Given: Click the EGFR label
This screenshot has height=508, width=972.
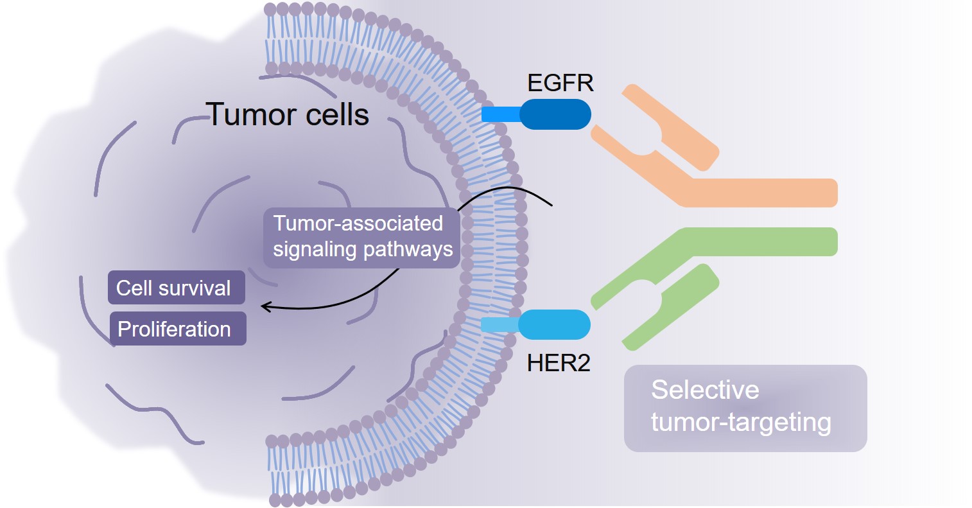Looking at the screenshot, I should pyautogui.click(x=560, y=83).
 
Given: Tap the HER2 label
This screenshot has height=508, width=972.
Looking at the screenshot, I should pyautogui.click(x=559, y=363).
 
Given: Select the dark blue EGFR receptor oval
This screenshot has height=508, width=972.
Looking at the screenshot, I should pyautogui.click(x=555, y=114).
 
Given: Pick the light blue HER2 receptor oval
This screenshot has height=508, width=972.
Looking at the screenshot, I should pyautogui.click(x=554, y=324).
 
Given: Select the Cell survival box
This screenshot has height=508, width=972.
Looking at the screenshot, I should pyautogui.click(x=177, y=288).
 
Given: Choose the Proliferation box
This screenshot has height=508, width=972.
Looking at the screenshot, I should pyautogui.click(x=178, y=329).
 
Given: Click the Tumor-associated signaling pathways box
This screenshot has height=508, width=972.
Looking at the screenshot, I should pyautogui.click(x=361, y=236).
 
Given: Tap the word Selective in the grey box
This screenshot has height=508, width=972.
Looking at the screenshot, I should pyautogui.click(x=705, y=390).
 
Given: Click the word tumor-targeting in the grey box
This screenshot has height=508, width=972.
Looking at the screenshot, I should pyautogui.click(x=741, y=423).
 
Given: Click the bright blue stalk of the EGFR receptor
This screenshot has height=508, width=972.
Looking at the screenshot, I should pyautogui.click(x=501, y=114).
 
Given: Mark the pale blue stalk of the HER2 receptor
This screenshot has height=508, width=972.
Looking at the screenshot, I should pyautogui.click(x=499, y=324).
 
